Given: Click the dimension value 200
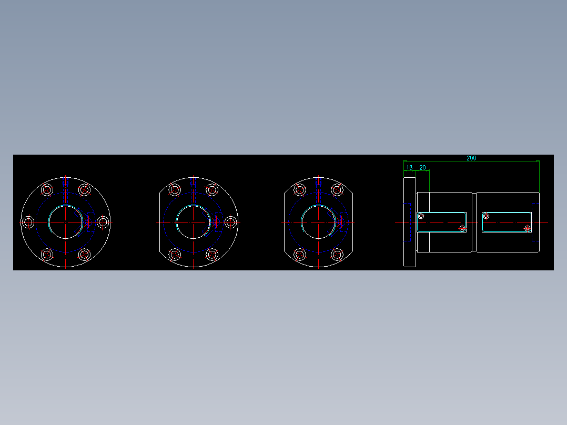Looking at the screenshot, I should click(471, 158).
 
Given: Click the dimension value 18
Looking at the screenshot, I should click(409, 168).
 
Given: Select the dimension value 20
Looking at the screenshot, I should click(422, 168).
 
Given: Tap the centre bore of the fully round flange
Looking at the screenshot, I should click(65, 222).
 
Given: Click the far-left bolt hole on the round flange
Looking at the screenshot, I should click(29, 222).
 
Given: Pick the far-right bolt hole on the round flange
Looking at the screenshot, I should click(103, 222).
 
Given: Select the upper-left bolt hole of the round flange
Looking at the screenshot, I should click(47, 190).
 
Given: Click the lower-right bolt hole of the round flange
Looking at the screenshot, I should click(84, 255).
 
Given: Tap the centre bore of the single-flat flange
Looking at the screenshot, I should click(193, 222).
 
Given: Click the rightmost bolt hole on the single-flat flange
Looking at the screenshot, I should click(230, 222).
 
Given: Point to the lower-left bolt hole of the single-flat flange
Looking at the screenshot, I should click(175, 255).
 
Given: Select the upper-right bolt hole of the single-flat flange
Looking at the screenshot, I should click(212, 190).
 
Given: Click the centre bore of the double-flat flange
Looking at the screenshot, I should click(318, 222).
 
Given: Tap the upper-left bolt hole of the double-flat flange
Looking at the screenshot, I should click(300, 190).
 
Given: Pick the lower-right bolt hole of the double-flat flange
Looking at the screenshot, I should click(337, 255).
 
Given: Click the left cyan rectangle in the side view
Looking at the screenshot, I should click(442, 222).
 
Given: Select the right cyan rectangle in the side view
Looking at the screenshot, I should click(507, 222).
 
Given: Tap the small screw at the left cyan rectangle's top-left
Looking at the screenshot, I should click(420, 216).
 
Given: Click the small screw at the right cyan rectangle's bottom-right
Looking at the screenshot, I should click(528, 228).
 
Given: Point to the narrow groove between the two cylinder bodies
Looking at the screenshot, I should click(474, 222).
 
